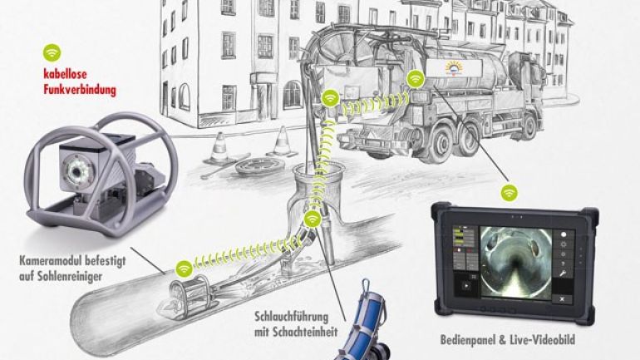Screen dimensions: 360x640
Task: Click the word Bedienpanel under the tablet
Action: point(474,340)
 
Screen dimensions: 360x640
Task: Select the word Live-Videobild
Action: point(545,340)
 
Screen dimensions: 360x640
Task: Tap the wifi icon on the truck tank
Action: point(416,78)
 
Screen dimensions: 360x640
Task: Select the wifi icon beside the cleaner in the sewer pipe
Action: point(183,269)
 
